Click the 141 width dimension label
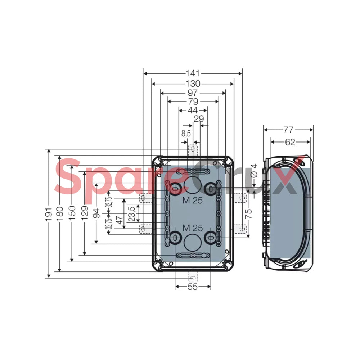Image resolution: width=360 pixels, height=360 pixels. tap(193, 73)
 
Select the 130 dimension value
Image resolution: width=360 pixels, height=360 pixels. tap(193, 84)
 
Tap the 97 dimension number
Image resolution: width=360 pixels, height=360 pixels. tap(192, 93)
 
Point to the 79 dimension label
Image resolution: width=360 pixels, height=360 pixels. tap(193, 102)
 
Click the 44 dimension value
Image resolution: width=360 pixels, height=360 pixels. tap(193, 111)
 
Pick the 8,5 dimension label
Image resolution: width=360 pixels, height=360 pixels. tap(186, 134)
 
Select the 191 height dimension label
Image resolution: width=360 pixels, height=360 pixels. tap(49, 215)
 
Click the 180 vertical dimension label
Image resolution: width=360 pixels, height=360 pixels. tap(60, 213)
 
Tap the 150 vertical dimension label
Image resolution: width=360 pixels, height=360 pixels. tap(72, 212)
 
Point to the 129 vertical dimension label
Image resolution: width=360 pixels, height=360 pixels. tap(85, 213)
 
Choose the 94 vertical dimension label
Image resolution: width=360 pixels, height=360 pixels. tap(96, 213)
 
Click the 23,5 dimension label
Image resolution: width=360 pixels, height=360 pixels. tap(131, 214)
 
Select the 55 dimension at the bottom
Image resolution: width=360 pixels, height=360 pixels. tap(192, 287)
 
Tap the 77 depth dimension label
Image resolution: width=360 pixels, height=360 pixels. tap(288, 130)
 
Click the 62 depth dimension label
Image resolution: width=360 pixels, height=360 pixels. tap(290, 142)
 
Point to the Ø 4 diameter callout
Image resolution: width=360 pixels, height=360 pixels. tap(254, 171)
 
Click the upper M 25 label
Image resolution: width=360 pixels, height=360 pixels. tap(193, 201)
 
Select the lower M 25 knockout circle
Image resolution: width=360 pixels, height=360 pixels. tap(193, 243)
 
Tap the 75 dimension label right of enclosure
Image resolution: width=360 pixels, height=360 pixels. tap(248, 213)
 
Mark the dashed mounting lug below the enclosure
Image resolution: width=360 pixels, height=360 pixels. tap(193, 277)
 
